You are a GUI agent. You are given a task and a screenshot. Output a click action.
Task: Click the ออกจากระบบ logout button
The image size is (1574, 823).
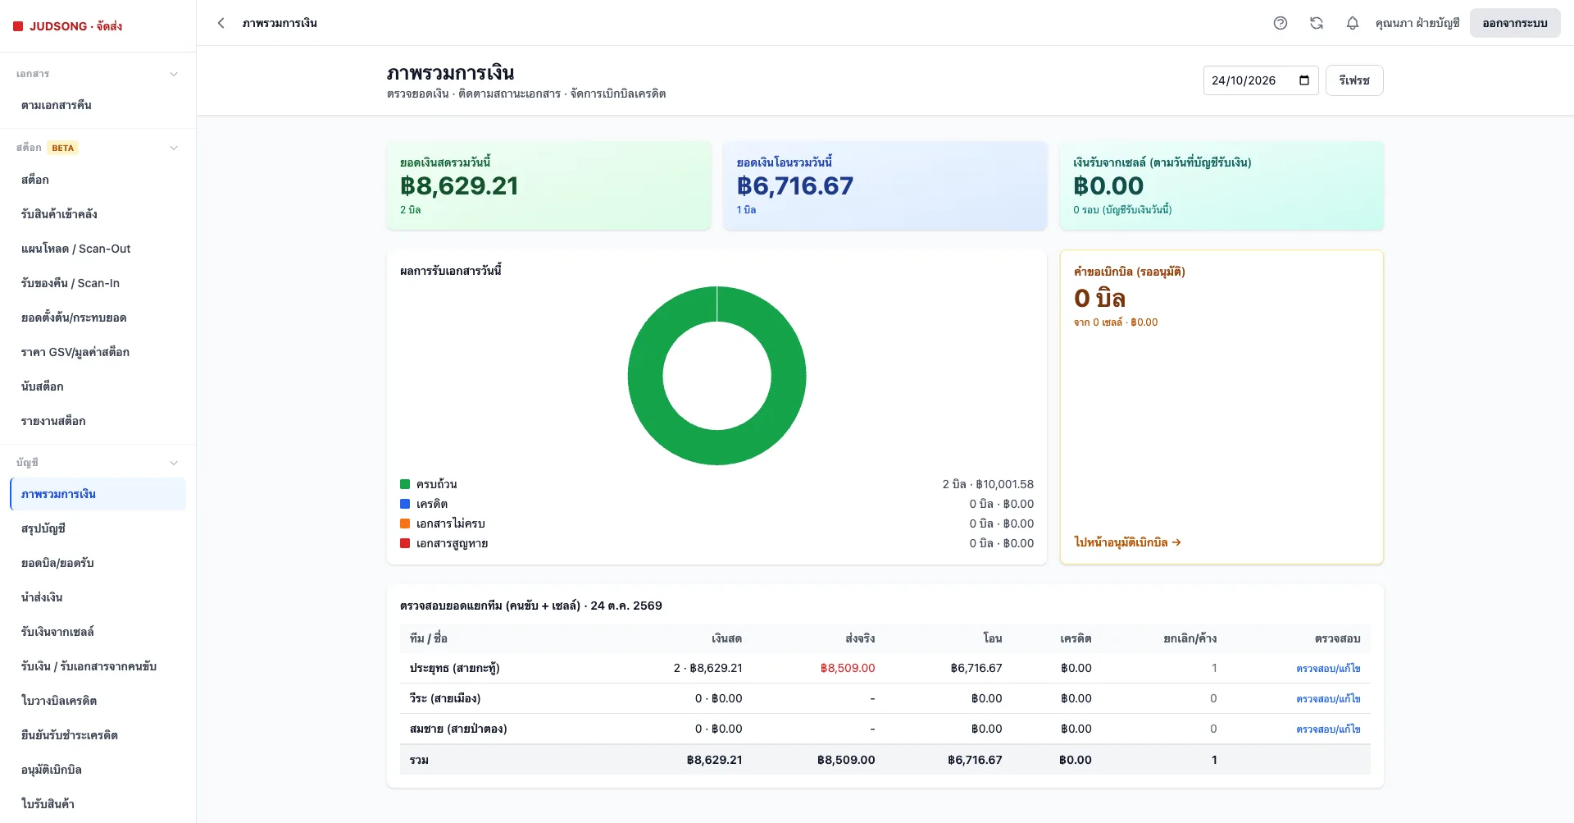point(1515,23)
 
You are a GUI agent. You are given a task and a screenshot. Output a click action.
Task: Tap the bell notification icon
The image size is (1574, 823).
point(1353,23)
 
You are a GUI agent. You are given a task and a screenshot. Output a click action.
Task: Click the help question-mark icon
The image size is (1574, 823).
point(1281,23)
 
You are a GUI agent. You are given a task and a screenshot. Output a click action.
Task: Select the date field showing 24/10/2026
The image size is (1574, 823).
point(1261,80)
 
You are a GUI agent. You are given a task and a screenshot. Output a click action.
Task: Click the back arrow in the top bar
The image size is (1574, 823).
point(221,23)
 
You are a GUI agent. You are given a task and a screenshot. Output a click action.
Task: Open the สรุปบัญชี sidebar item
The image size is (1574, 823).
point(43,528)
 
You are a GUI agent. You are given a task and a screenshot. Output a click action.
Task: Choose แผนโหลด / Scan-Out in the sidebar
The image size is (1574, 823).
point(76,249)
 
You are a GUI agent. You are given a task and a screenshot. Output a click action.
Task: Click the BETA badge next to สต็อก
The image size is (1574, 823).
point(63,148)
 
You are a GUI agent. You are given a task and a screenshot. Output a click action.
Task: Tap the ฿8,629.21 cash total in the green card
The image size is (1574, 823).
point(459,186)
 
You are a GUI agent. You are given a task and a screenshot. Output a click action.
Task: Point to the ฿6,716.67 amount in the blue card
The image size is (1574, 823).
point(795,186)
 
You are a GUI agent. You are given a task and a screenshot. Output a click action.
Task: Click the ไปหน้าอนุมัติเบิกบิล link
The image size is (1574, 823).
point(1127,542)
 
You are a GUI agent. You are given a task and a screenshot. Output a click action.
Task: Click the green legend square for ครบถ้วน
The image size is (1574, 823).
point(405,484)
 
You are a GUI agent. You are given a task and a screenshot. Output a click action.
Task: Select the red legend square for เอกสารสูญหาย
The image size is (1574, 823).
point(405,543)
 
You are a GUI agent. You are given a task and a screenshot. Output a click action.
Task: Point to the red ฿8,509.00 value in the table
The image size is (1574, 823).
point(848,668)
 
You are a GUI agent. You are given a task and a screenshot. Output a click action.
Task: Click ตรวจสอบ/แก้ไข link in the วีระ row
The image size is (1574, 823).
point(1328,699)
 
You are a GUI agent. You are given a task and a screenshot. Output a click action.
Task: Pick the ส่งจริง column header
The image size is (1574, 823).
point(860,638)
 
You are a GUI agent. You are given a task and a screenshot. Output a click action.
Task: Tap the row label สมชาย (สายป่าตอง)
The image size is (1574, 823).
point(458,729)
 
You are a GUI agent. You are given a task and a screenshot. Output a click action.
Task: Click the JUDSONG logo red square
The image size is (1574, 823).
point(18,26)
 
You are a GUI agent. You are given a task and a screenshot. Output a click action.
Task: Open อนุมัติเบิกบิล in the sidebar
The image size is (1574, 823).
point(52,770)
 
